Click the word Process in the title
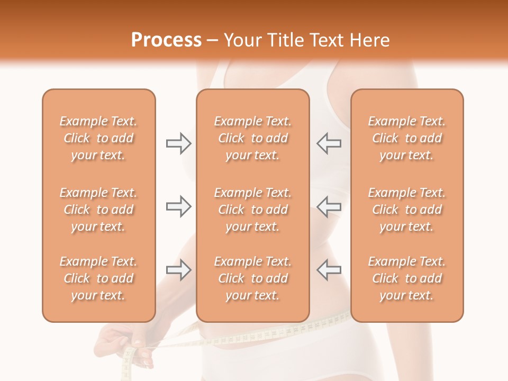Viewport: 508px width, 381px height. [166, 40]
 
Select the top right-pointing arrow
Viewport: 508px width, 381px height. [178, 143]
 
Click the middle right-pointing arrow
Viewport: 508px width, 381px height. [178, 206]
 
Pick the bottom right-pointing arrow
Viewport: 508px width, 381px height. [178, 270]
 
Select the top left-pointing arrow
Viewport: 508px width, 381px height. [329, 143]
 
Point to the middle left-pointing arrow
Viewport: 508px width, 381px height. [329, 206]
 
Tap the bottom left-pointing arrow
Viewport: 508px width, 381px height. [329, 270]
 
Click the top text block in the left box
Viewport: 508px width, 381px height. [98, 138]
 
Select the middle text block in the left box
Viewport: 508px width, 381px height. [98, 210]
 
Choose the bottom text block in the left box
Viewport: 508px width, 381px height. [98, 278]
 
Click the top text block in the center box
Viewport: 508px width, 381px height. [253, 138]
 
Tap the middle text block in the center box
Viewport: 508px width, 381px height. [253, 210]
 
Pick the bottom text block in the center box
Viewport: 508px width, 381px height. [253, 278]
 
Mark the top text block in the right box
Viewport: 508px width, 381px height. [407, 138]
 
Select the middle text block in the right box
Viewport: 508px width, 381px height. [407, 210]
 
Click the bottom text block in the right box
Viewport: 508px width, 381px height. [407, 278]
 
